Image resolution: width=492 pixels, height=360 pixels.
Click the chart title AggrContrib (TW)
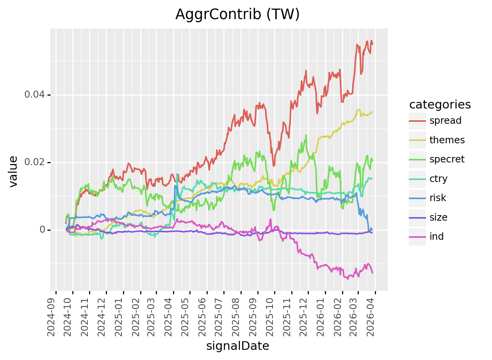pos(237,14)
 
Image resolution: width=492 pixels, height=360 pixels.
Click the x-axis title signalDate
pos(237,346)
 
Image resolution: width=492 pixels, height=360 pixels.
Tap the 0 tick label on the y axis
pos(43,230)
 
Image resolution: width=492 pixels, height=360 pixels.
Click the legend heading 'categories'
pos(440,105)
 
